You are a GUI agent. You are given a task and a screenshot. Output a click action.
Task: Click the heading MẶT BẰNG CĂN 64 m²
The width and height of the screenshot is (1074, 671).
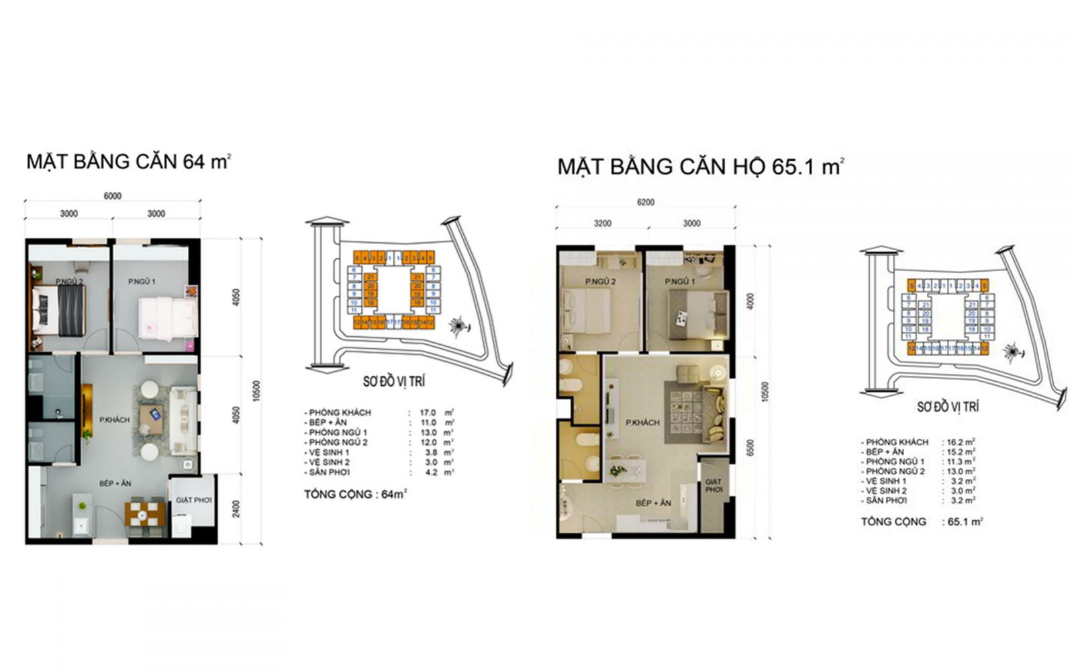click(128, 162)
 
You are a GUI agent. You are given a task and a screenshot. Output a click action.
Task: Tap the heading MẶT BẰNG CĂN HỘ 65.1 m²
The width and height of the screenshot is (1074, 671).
click(700, 166)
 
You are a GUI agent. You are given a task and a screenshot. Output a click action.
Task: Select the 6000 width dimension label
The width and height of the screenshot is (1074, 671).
click(112, 196)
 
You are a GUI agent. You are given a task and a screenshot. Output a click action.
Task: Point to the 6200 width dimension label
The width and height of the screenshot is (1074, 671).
click(645, 202)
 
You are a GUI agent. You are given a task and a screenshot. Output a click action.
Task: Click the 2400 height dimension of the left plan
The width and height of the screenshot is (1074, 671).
click(236, 508)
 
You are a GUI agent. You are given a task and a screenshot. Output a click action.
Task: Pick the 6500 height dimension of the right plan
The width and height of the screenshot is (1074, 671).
click(750, 448)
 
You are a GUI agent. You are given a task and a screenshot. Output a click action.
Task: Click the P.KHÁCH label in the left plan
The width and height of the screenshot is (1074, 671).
click(115, 420)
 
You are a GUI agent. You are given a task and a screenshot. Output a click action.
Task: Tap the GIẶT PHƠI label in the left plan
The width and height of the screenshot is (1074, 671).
click(193, 500)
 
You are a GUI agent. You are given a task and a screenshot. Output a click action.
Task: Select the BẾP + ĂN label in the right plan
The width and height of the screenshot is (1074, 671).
click(653, 503)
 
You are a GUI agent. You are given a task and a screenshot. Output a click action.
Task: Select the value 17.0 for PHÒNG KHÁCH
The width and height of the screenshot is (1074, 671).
click(428, 413)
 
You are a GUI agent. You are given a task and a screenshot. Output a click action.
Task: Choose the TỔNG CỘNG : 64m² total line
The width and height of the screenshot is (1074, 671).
click(355, 495)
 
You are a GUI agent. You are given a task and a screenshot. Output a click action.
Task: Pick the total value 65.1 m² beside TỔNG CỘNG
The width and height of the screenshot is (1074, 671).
click(965, 521)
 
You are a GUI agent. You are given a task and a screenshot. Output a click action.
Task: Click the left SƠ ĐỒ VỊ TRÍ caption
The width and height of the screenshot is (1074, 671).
click(393, 381)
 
